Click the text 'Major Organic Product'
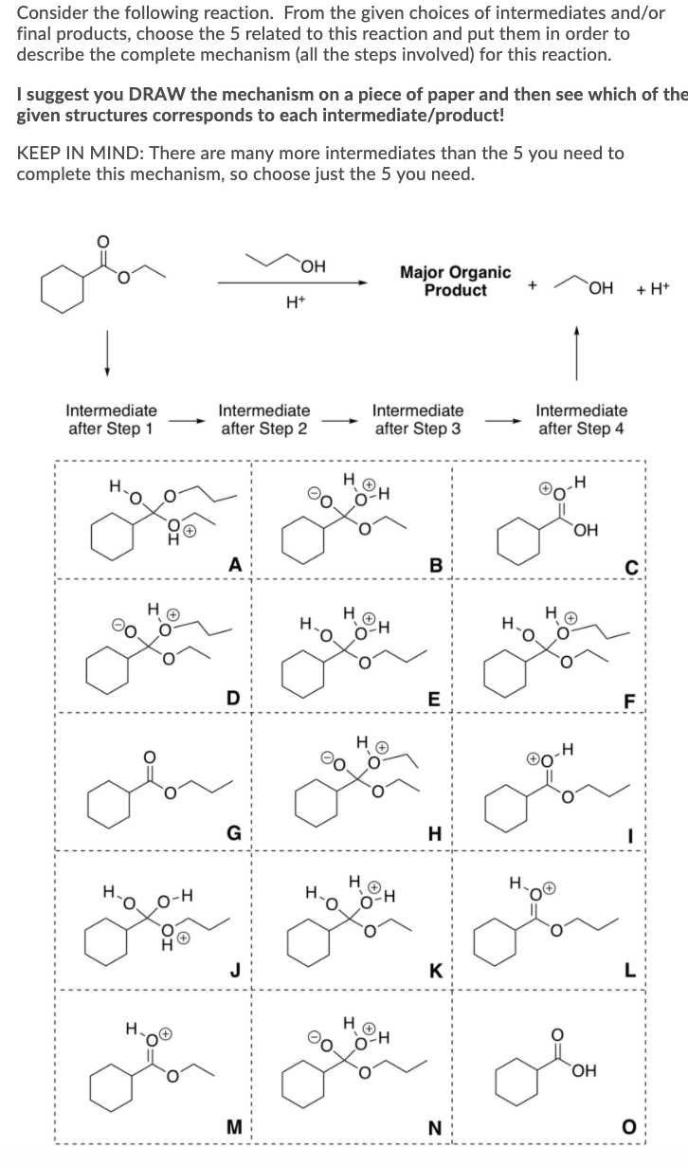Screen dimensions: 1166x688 455,282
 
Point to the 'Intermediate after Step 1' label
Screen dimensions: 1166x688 111,420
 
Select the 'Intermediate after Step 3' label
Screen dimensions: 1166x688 418,420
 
